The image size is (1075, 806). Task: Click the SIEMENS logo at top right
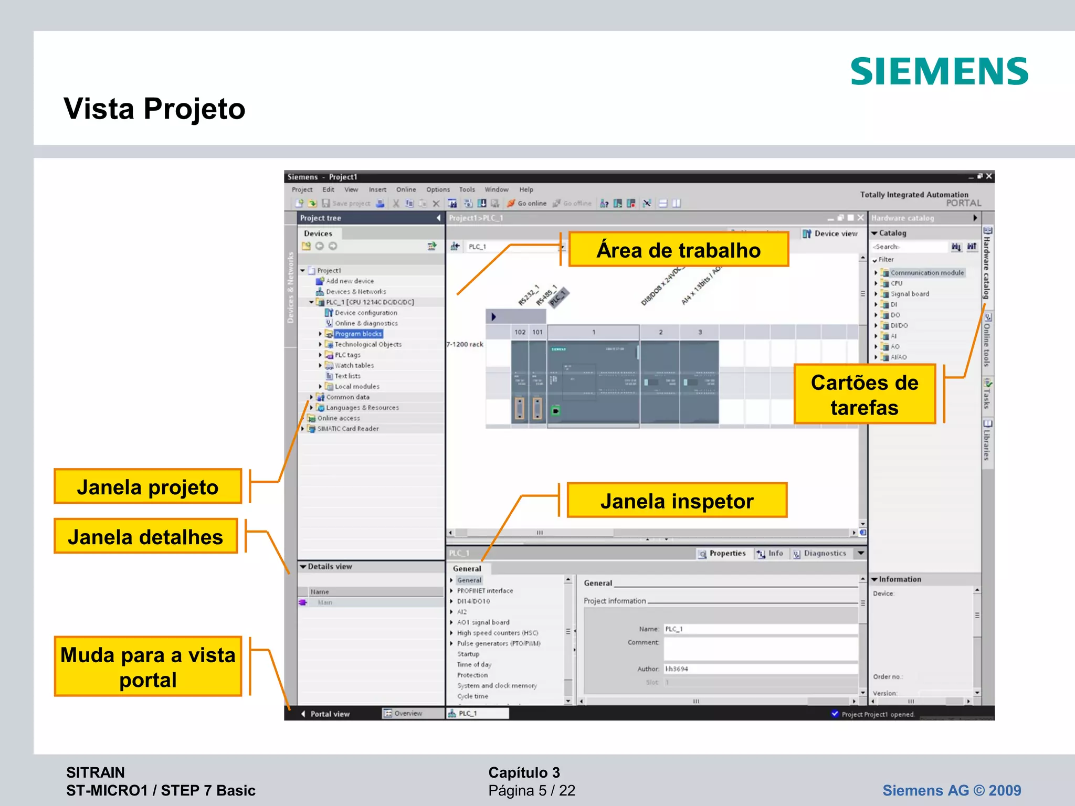pyautogui.click(x=939, y=71)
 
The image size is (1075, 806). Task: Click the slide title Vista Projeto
pyautogui.click(x=154, y=109)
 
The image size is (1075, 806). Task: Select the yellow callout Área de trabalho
pyautogui.click(x=678, y=250)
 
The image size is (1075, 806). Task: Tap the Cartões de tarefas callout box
pyautogui.click(x=864, y=395)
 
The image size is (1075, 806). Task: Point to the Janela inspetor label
pyautogui.click(x=677, y=501)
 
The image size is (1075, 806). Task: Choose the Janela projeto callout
pyautogui.click(x=147, y=486)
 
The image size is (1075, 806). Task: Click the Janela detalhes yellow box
pyautogui.click(x=145, y=536)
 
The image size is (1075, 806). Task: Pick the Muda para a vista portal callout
pyautogui.click(x=147, y=667)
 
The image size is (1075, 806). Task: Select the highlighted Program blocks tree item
pyautogui.click(x=358, y=334)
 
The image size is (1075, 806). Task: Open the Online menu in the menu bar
pyautogui.click(x=406, y=189)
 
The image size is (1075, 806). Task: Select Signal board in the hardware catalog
pyautogui.click(x=909, y=294)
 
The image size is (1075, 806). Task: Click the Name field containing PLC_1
pyautogui.click(x=760, y=629)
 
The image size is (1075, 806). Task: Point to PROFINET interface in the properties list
pyautogui.click(x=484, y=590)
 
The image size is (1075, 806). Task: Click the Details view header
pyautogui.click(x=330, y=567)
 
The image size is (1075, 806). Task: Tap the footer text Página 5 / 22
pyautogui.click(x=531, y=790)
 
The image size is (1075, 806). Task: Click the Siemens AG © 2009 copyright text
pyautogui.click(x=951, y=790)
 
